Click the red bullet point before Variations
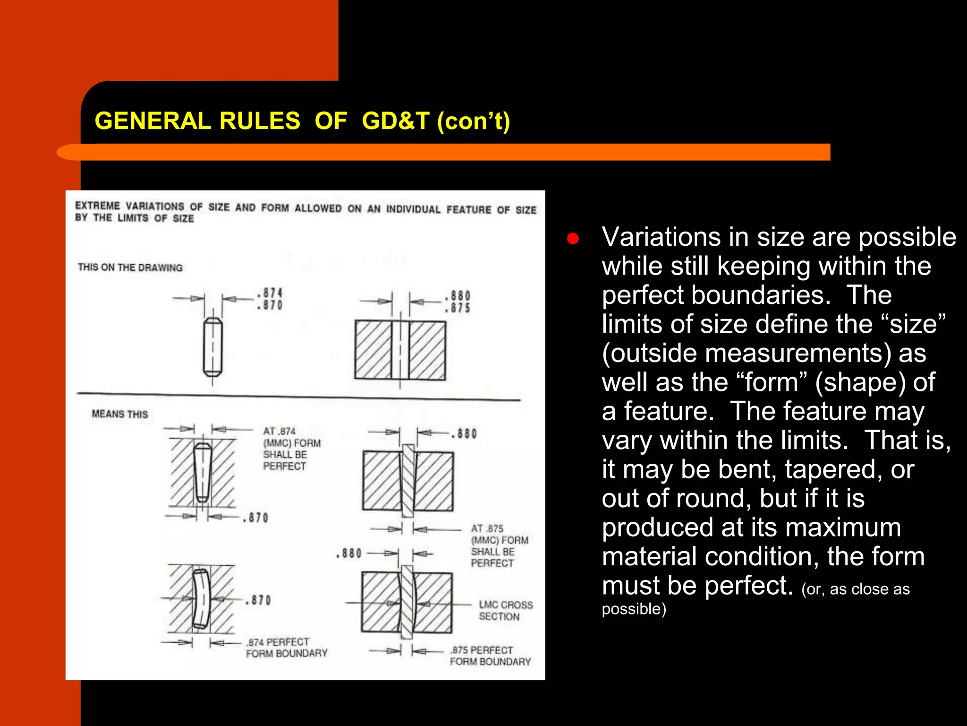click(x=573, y=239)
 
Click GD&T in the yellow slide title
click(x=396, y=121)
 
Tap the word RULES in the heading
click(x=259, y=121)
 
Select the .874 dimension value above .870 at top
click(x=270, y=293)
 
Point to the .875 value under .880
click(x=458, y=308)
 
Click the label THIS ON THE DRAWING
click(x=130, y=268)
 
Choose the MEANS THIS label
click(x=119, y=414)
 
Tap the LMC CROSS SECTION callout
click(x=505, y=611)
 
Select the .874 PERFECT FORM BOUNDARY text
click(x=286, y=648)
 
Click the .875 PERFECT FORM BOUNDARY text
click(x=490, y=656)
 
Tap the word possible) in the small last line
click(x=634, y=609)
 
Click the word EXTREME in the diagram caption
click(x=97, y=206)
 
